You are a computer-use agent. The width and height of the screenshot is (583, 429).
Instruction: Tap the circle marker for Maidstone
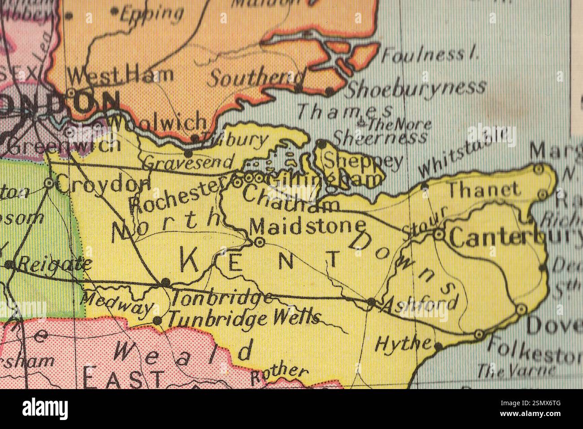click(x=259, y=242)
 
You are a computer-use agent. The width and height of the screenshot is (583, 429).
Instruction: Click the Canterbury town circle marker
click(x=439, y=234)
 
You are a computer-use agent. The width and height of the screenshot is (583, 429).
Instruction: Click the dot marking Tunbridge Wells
click(x=157, y=320)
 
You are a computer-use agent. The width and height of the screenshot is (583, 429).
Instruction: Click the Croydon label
click(x=104, y=184)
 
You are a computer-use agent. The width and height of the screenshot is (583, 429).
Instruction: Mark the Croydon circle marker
click(x=48, y=183)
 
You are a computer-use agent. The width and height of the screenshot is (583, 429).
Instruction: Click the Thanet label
click(x=484, y=190)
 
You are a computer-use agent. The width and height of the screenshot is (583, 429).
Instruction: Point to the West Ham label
click(x=120, y=74)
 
